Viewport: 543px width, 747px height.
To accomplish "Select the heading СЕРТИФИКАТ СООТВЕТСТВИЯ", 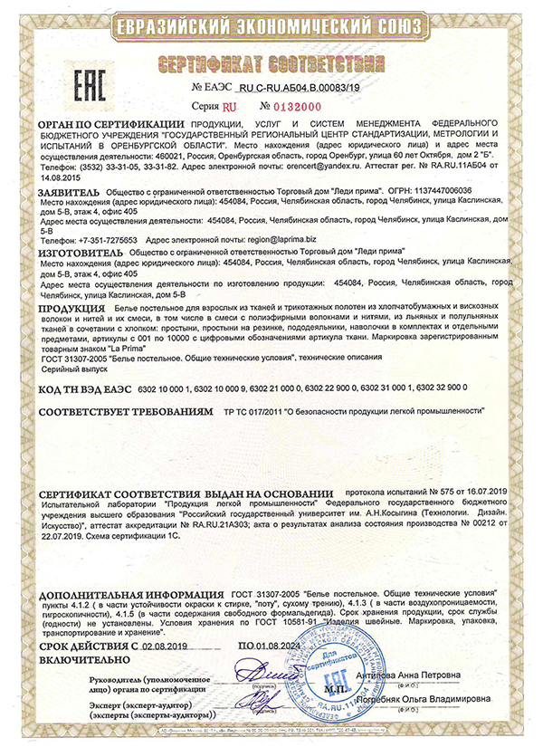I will pos(271,66).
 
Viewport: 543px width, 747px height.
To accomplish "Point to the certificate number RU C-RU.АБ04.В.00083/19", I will pos(296,89).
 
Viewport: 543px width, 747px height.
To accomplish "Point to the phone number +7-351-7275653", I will pos(103,239).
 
